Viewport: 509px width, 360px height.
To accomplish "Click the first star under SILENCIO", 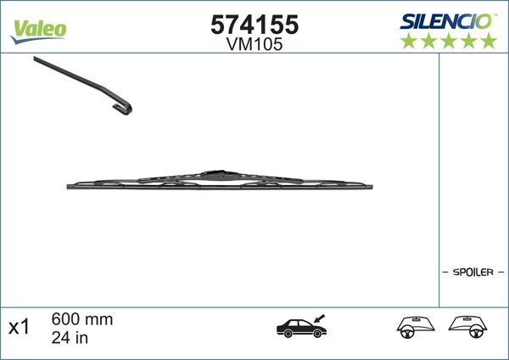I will click(x=408, y=41).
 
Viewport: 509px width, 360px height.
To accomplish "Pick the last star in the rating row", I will click(x=488, y=41).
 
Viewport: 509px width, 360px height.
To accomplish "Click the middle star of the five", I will click(x=448, y=41).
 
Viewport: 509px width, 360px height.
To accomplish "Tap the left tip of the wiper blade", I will click(x=69, y=185).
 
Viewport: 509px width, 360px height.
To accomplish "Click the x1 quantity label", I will click(x=20, y=326).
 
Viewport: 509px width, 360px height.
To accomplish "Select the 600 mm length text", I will click(x=81, y=319).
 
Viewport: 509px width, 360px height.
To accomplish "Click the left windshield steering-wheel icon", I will click(x=415, y=327).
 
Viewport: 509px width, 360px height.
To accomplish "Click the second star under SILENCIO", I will click(x=428, y=41).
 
